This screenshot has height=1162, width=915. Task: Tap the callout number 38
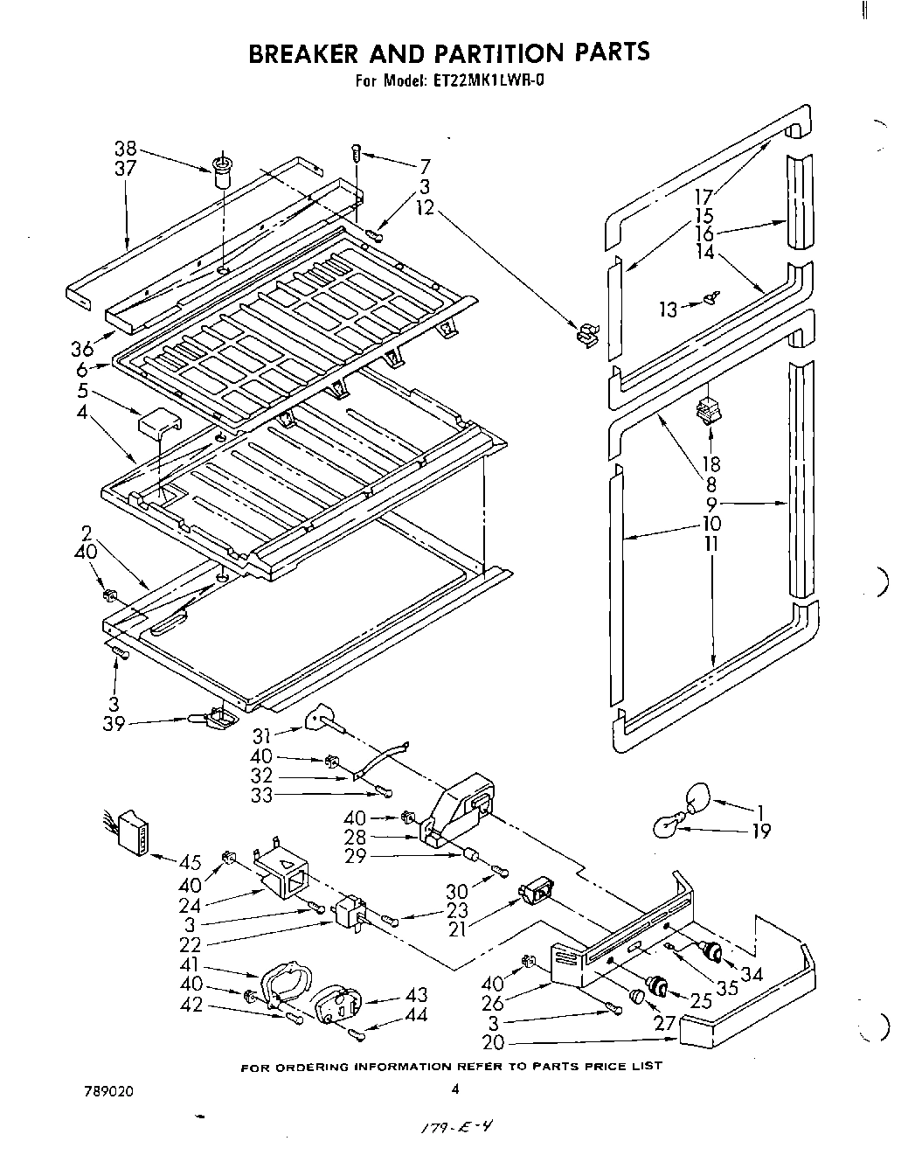126,149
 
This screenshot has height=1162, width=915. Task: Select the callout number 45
189,862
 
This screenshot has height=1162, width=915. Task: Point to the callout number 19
761,831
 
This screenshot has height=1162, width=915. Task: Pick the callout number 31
262,736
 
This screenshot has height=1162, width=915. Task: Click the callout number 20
493,1042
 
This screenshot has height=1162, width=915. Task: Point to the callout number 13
668,310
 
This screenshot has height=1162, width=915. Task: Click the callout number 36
82,348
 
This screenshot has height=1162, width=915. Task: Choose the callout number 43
416,996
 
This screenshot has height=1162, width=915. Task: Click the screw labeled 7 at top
357,152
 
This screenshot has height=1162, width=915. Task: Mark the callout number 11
711,543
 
